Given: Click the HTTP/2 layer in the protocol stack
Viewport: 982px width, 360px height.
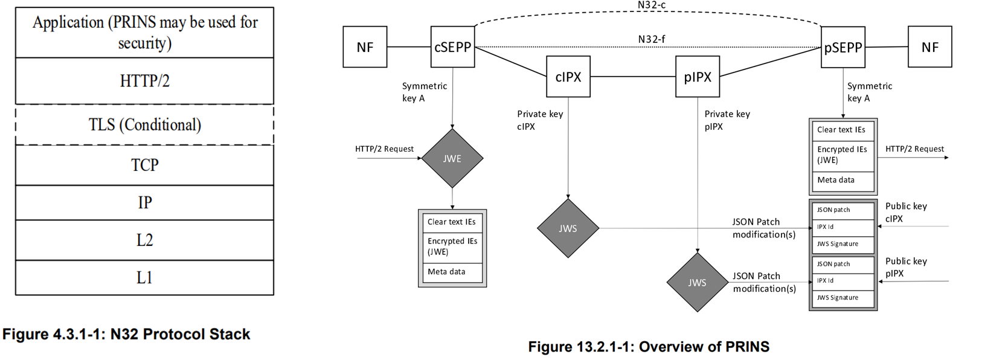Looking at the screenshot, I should click(x=144, y=81).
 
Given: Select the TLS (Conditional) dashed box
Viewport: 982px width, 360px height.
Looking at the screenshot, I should click(x=144, y=125).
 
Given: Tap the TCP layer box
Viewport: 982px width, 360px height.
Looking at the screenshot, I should click(x=144, y=165).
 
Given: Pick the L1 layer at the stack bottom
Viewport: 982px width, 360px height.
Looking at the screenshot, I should click(x=144, y=278).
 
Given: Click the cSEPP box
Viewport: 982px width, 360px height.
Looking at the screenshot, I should click(x=452, y=47).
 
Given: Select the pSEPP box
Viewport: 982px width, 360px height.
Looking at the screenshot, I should click(x=843, y=47).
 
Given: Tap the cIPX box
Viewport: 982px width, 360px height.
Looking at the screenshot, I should click(x=568, y=77).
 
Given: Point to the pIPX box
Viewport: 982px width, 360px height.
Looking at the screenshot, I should click(x=698, y=77).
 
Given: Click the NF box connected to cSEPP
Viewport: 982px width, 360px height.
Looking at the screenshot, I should click(x=365, y=47).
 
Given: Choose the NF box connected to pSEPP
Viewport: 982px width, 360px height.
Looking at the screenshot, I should click(x=929, y=47).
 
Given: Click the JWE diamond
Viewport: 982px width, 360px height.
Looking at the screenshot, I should click(x=452, y=158).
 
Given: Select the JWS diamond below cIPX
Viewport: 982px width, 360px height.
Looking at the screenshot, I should click(x=568, y=228).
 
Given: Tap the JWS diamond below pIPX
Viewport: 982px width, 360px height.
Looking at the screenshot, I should click(x=697, y=282).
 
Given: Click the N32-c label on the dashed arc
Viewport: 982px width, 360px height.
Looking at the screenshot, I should click(x=652, y=5).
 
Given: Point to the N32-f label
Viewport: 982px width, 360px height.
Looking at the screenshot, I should click(x=652, y=39).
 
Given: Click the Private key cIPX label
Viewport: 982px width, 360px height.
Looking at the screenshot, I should click(x=539, y=120).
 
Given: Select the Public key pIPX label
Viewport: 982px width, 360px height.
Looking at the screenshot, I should click(x=905, y=267).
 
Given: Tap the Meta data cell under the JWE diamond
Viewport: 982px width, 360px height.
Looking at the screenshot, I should click(x=446, y=272).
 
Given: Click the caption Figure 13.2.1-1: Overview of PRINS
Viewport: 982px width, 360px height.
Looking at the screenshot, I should click(x=649, y=347).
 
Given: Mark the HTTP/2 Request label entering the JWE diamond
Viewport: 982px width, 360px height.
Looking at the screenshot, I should click(x=384, y=149).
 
